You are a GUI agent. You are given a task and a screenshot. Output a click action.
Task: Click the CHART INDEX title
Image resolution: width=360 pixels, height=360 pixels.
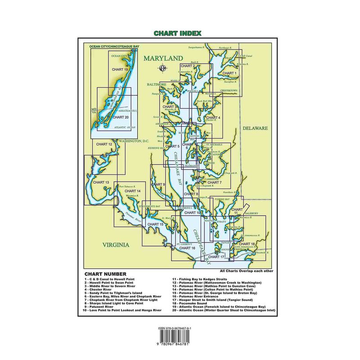180,33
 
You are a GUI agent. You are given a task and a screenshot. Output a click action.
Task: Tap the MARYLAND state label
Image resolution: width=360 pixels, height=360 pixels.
163,58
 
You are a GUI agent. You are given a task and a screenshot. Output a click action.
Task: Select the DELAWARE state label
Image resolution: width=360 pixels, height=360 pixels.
255,128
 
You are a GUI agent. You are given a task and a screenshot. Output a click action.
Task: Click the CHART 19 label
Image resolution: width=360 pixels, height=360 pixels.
120,70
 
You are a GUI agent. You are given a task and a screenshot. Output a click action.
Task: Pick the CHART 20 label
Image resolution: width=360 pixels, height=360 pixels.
121,117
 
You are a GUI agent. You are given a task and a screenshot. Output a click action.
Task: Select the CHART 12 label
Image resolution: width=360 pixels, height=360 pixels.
104,144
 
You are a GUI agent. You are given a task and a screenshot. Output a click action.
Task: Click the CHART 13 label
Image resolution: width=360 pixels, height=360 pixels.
101,182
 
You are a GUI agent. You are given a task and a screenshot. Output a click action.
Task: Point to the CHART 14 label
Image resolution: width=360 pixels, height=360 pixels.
133,191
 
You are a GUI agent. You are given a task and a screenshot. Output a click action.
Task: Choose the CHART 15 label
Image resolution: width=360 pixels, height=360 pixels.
155,224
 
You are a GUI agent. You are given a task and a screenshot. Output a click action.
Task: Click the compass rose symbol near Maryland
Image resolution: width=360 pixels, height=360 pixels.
162,69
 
